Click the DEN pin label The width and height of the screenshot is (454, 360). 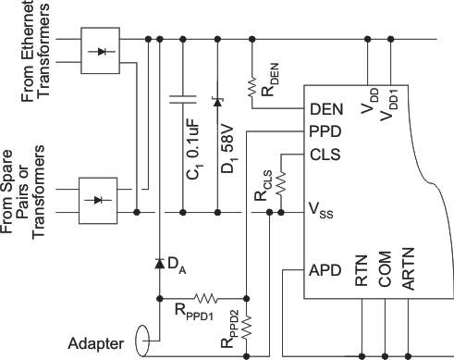[328, 109]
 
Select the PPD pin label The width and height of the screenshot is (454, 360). [328, 131]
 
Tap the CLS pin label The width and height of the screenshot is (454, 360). [328, 154]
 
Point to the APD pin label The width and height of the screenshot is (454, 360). [328, 271]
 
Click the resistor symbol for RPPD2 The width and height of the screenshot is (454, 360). [246, 327]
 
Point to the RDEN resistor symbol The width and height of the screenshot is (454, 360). [252, 86]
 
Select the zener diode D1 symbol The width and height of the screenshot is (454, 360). [217, 101]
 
